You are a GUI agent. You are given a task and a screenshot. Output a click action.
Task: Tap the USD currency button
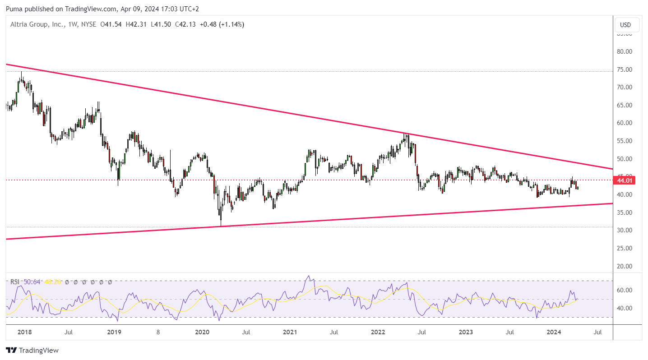[625, 25]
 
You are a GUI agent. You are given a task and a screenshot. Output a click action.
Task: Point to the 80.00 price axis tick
[625, 51]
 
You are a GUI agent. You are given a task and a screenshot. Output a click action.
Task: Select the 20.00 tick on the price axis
[625, 266]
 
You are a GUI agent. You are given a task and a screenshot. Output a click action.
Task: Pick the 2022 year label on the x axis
[378, 332]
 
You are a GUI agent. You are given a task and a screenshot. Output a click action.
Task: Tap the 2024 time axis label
[554, 332]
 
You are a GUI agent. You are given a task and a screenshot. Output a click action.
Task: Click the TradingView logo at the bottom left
[32, 350]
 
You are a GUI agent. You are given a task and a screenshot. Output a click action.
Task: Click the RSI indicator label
[15, 282]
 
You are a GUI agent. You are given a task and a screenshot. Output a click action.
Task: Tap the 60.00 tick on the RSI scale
[625, 290]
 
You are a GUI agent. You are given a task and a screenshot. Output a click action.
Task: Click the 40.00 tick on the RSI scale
[625, 308]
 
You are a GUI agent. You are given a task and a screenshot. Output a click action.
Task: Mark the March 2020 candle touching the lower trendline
[221, 224]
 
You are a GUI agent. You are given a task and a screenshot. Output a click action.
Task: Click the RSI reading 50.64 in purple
[32, 282]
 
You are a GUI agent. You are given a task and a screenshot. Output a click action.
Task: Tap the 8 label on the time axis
[158, 332]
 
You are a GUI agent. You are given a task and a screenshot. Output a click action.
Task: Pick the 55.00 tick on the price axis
[625, 141]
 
